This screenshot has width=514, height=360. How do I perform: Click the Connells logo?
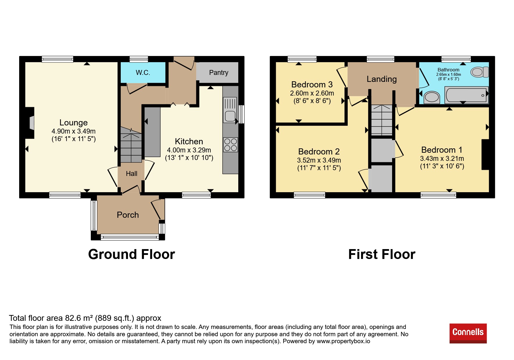coord(468,333)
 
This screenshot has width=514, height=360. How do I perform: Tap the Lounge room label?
coord(73,123)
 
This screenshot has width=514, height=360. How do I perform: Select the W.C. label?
coord(143,73)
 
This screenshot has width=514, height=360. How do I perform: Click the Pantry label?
coord(219,73)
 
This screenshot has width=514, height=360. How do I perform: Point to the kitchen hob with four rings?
coord(230,145)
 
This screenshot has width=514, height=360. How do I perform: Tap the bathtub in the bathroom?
coord(466,95)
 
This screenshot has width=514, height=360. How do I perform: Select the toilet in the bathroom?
coord(479,72)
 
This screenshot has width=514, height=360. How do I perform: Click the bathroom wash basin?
coord(432,97)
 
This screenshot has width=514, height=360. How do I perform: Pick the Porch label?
coord(128,215)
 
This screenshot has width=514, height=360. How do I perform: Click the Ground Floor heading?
coord(131,254)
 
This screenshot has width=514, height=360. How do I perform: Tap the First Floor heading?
coord(382,254)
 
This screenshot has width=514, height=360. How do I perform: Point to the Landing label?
coord(382,79)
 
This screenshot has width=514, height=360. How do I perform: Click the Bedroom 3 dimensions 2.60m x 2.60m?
coord(312,93)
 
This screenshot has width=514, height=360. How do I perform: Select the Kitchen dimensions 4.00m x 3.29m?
coord(189,150)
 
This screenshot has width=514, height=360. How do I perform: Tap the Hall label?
coord(131,174)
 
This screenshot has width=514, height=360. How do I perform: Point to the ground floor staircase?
coord(131,144)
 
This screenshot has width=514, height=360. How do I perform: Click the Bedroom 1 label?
coord(442,150)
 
